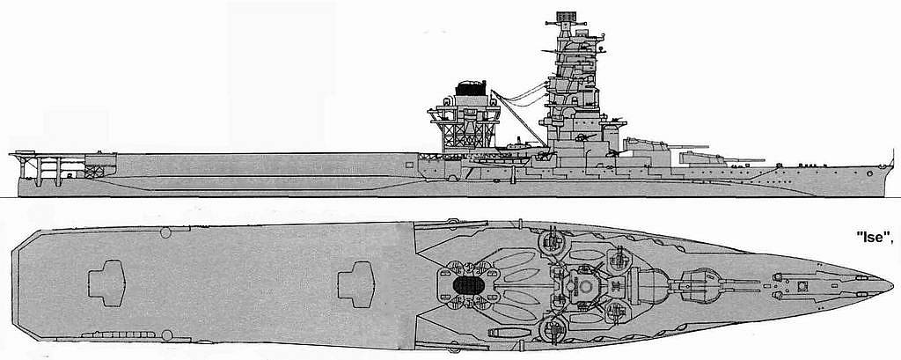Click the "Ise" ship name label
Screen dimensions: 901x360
pos(875,237)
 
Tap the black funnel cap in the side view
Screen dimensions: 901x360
pos(471,88)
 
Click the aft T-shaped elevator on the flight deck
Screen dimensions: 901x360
pos(106,283)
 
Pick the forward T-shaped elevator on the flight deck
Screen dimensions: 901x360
pos(355,284)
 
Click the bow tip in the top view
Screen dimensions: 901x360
pos(892,284)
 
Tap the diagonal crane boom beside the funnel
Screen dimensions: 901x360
pos(519,118)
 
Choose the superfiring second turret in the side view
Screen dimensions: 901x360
pos(649,145)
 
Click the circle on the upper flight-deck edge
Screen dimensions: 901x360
pos(165,233)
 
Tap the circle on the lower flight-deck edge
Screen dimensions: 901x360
pos(167,335)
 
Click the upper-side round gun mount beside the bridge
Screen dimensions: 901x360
pos(551,241)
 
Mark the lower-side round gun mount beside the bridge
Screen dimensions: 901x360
pos(553,329)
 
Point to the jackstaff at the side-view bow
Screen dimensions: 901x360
pos(892,158)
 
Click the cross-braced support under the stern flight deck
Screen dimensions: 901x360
pos(95,172)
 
